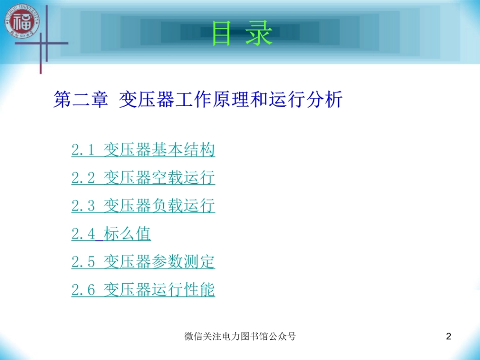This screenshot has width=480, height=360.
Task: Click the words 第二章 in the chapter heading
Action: [x=80, y=99]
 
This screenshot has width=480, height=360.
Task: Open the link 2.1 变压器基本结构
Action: [x=143, y=150]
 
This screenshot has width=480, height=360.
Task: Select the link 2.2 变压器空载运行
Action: [x=143, y=178]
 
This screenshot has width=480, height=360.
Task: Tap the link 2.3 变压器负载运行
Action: [x=143, y=206]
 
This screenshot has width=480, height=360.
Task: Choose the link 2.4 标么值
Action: [x=111, y=234]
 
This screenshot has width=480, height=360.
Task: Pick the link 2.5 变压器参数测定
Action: [x=143, y=262]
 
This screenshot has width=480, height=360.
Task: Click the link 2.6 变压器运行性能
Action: [x=143, y=290]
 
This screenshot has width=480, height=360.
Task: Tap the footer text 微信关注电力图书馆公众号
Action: [x=240, y=336]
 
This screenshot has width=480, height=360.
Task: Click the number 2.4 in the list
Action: [x=83, y=234]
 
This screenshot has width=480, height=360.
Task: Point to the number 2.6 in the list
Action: [x=83, y=290]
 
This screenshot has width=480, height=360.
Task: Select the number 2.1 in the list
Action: [x=83, y=150]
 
